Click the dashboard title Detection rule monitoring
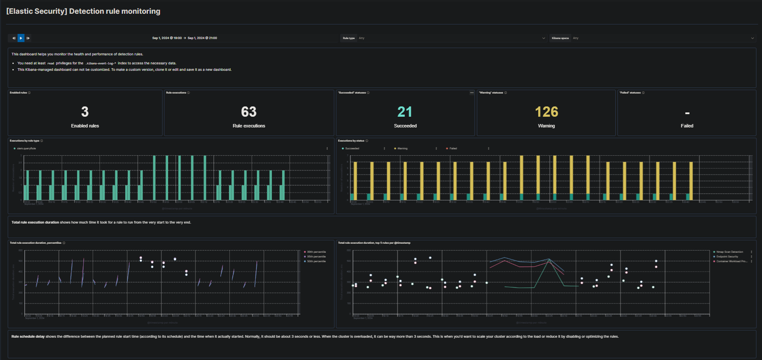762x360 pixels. (83, 11)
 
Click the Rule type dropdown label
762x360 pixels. (349, 38)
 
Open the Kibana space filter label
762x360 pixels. (560, 38)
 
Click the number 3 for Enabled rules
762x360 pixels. (85, 112)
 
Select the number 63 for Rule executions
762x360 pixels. (249, 112)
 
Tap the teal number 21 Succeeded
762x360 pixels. (405, 112)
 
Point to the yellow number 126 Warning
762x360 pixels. (546, 112)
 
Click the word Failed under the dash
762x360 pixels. (687, 126)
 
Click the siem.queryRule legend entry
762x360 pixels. (26, 148)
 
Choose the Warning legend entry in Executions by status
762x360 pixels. (402, 148)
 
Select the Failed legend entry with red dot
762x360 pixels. (453, 148)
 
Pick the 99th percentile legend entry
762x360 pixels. (316, 252)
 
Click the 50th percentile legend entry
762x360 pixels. (316, 261)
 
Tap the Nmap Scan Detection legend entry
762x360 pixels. (729, 252)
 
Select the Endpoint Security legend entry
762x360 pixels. (727, 257)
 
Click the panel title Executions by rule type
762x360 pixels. (24, 141)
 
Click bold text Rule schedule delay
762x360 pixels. (28, 336)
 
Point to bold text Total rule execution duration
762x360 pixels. (35, 222)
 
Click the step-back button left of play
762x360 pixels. (14, 38)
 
